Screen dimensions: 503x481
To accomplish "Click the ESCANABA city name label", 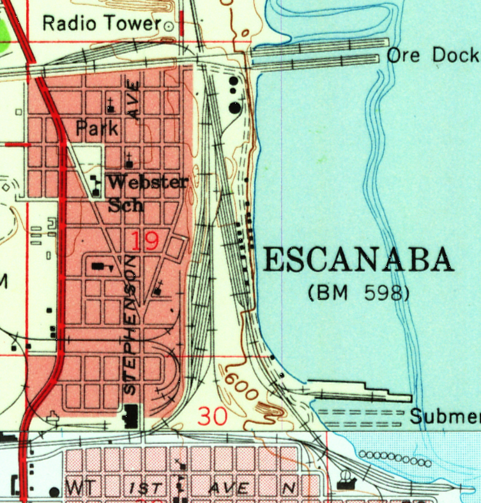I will click(358, 260).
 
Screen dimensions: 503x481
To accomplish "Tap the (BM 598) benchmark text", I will click(358, 293).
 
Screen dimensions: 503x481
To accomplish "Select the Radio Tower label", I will click(101, 24).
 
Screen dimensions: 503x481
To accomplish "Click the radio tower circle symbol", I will click(169, 26).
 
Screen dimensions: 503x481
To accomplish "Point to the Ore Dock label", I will click(432, 56).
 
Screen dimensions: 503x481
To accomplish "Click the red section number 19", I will click(145, 241).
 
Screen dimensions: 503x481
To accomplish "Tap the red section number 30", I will click(213, 416).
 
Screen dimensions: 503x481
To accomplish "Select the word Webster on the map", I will click(148, 182).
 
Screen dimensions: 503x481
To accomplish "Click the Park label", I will click(97, 128).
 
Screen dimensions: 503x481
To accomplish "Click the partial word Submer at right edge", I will click(445, 417).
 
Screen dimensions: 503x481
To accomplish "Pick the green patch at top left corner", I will click(5, 32).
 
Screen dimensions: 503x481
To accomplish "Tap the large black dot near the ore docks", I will click(236, 107).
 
